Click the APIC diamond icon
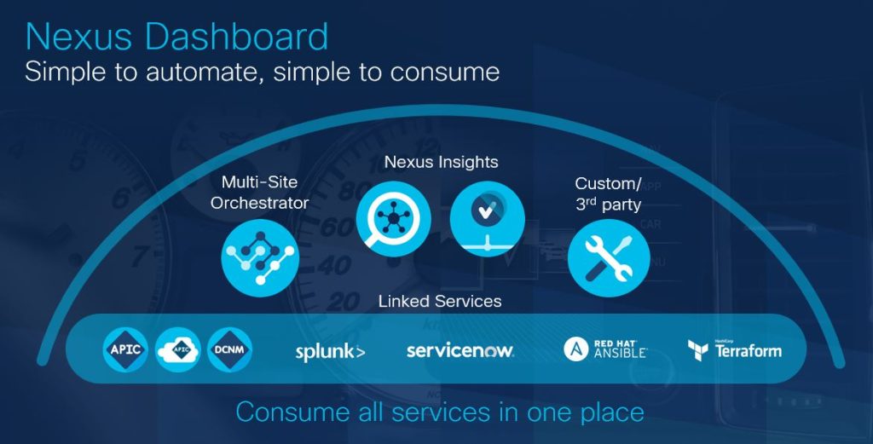pos(125,349)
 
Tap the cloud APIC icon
pos(178,349)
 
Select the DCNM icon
pos(229,349)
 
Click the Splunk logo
pos(330,352)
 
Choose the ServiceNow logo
pos(460,350)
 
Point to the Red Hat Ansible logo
pos(605,349)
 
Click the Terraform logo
pos(734,349)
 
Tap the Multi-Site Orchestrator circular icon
pos(260,258)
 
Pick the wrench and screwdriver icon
pos(609,257)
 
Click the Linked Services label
pos(440,301)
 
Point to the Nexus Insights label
pos(441,162)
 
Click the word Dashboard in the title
pos(237,37)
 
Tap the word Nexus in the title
pos(78,37)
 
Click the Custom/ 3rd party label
pos(608,193)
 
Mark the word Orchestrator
pos(259,203)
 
